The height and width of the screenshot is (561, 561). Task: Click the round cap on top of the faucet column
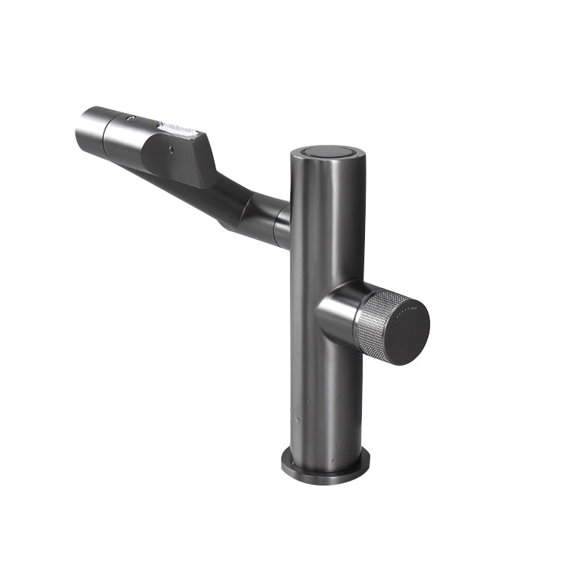coord(328,153)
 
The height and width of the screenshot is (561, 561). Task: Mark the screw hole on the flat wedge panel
coord(171,150)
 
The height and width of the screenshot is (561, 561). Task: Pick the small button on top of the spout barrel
coord(131,118)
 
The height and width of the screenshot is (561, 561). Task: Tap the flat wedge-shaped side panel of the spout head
coord(183,159)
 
